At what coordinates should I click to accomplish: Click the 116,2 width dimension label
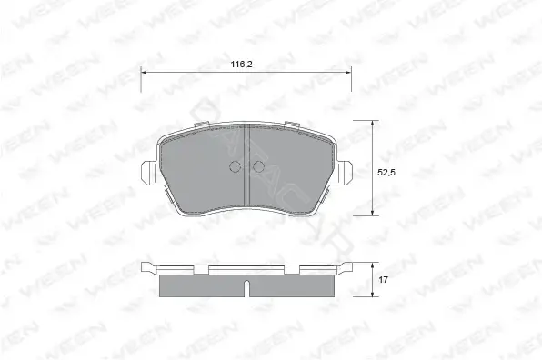pos(241,65)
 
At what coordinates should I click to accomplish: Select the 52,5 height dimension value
pos(386,173)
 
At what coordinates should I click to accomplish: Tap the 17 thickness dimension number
pos(383,280)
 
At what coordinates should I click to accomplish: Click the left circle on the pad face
pos(235,167)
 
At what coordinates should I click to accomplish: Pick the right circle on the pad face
pos(258,167)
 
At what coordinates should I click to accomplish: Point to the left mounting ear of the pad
pos(149,174)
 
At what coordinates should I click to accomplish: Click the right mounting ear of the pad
pos(345,174)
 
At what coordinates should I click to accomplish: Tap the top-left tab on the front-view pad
pos(202,125)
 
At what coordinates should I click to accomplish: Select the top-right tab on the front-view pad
pos(291,125)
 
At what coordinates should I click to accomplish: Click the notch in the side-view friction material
pos(246,288)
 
